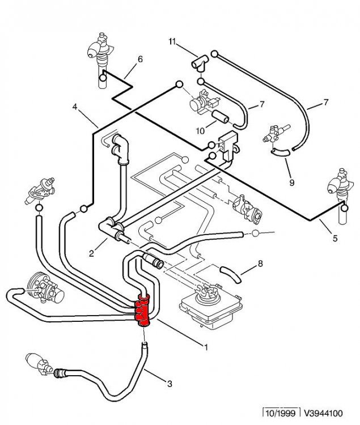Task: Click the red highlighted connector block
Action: tap(143, 311)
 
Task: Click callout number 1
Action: tap(206, 347)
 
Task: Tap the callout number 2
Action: tap(91, 254)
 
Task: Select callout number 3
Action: tap(170, 384)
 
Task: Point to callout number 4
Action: tap(75, 107)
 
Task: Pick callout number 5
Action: tap(335, 239)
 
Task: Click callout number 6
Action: tap(140, 59)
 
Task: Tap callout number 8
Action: tap(260, 263)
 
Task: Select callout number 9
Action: tap(292, 182)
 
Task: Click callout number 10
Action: tap(200, 131)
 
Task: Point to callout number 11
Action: tap(172, 41)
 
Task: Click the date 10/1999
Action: tap(280, 413)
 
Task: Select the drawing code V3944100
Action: tap(323, 413)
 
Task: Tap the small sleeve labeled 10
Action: tap(220, 117)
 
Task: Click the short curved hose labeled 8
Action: tap(230, 274)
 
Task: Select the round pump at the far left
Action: tap(45, 288)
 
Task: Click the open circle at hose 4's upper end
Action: tap(179, 84)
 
